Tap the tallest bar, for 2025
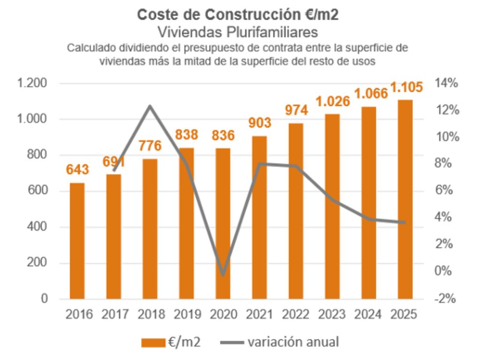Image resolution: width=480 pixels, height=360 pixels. coord(405,199)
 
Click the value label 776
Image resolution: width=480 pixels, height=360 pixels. coord(150,146)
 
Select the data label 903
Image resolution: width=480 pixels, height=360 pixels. coord(259,123)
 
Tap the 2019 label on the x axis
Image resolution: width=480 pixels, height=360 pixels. coord(187,314)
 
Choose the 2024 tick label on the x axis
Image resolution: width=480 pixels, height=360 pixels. coord(368,314)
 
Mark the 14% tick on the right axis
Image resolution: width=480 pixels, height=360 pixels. coord(446,84)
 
